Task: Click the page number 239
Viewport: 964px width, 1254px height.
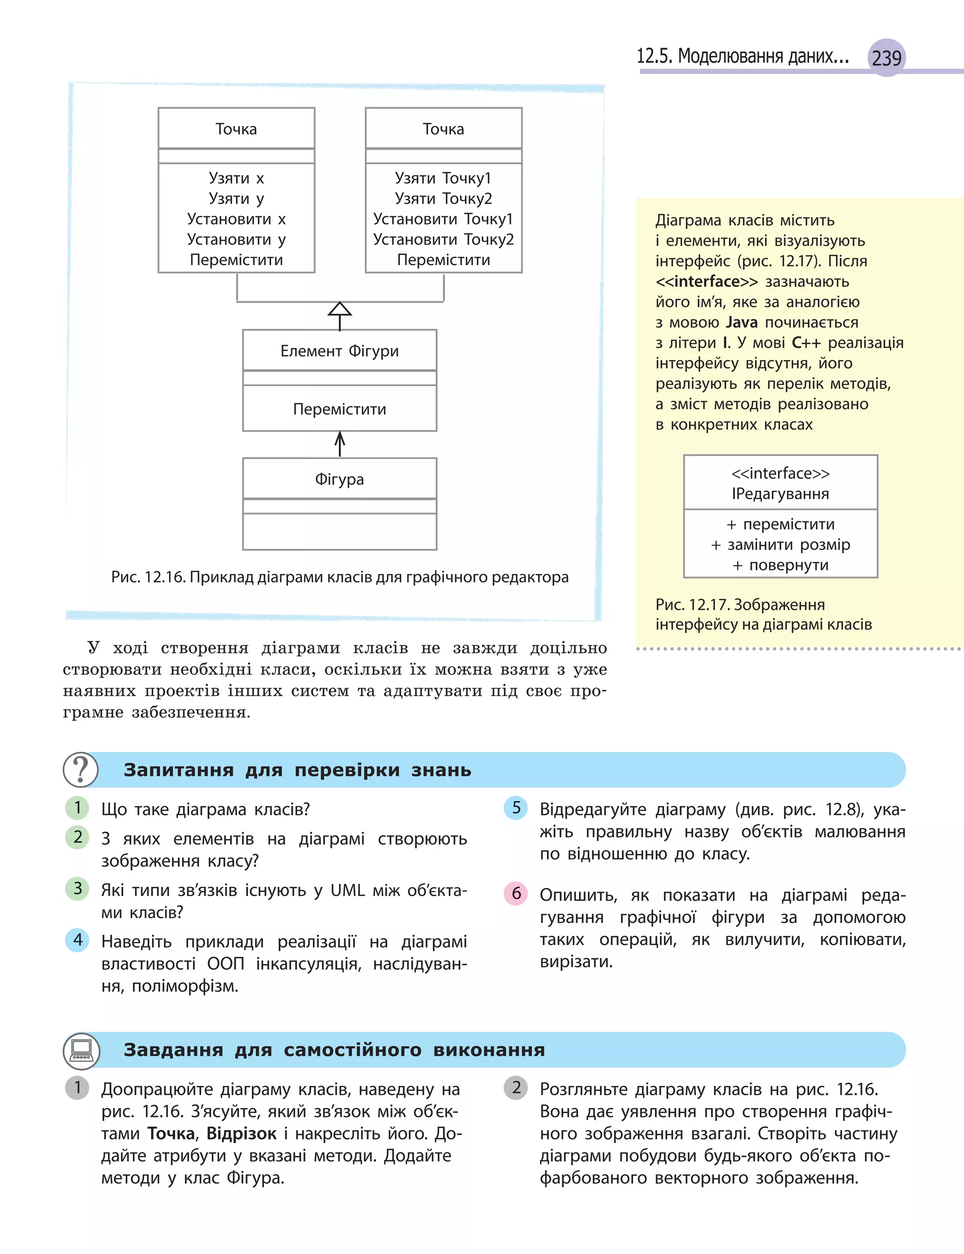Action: (886, 58)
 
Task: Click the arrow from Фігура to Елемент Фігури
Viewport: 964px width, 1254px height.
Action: (340, 444)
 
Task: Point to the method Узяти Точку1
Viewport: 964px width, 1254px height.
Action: (443, 178)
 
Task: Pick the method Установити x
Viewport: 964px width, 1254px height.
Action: (236, 218)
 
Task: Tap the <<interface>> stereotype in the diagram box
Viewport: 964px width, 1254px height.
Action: (780, 473)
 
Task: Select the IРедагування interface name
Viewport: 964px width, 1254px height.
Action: (780, 494)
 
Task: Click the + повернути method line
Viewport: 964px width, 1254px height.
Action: (780, 565)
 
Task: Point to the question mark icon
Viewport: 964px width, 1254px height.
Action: (81, 769)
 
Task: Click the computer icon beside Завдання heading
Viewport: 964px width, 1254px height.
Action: (81, 1050)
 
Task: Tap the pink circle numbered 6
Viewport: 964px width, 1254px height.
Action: (516, 893)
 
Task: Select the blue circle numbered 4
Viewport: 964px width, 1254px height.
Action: (78, 940)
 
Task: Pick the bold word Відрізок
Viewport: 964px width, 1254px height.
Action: (241, 1133)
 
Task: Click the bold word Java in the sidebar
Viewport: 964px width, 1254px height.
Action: (741, 322)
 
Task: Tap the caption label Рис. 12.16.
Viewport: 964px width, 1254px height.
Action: (148, 577)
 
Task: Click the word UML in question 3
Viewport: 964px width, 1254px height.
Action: (347, 890)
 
